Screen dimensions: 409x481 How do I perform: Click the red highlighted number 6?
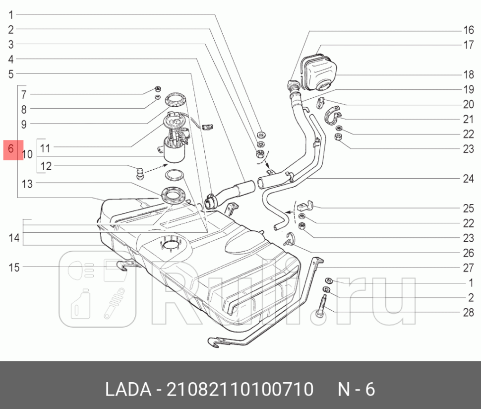(12, 150)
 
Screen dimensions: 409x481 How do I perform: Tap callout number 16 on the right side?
(469, 29)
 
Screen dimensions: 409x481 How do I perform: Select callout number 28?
(469, 313)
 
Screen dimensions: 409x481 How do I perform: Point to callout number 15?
(14, 268)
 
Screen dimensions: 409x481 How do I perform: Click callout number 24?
(469, 179)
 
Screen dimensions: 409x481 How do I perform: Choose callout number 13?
(26, 184)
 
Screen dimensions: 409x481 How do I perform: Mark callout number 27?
(469, 268)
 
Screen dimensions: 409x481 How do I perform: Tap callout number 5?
(11, 74)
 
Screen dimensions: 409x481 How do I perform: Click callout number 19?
(469, 90)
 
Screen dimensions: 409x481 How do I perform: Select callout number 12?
(46, 166)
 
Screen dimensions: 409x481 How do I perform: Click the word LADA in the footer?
(127, 390)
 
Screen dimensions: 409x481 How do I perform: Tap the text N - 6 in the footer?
(356, 390)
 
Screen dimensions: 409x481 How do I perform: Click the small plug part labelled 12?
(141, 173)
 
